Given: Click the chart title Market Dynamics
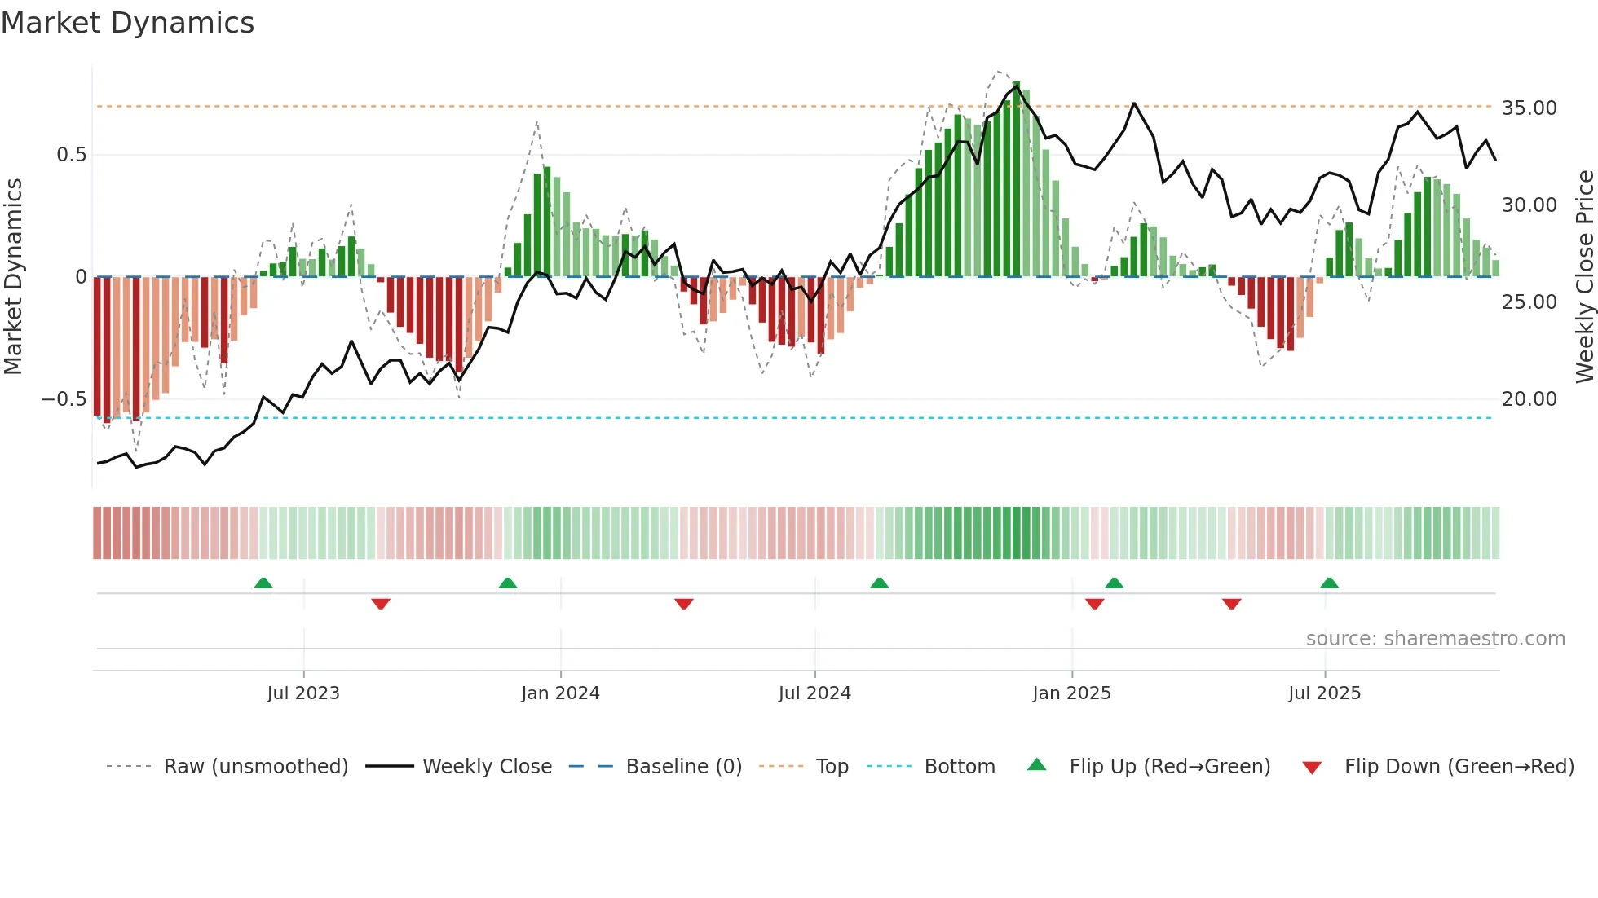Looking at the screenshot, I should pos(127,23).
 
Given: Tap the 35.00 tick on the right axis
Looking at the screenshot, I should pos(1529,108).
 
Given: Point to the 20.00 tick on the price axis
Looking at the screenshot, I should pos(1529,398).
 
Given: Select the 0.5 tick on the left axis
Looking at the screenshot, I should pos(71,155).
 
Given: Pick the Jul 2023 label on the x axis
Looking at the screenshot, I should pos(302,693).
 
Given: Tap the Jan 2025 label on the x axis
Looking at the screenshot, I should pos(1071,693).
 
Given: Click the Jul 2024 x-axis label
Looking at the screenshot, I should pos(814,693).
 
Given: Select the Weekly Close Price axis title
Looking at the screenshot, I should pos(1584,276).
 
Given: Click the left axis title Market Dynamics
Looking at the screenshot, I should pos(13,276).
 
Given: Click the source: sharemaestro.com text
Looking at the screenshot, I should pos(1435,638).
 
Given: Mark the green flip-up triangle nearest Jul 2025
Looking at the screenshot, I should pos(1329,583).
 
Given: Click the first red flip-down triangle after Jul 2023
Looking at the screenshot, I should pos(381,604).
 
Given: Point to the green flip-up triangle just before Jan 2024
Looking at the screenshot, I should pos(507,583).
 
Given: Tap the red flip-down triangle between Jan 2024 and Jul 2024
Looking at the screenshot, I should pos(684,604).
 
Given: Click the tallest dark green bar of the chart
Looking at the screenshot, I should pos(1016,179).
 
